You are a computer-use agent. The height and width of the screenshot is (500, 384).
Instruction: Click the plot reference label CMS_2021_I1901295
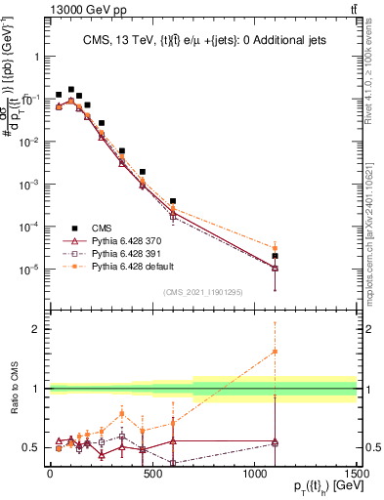pos(202,292)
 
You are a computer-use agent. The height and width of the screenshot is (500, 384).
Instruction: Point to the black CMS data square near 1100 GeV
pos(276,256)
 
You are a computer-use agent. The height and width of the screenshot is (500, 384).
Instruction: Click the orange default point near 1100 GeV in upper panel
pos(276,248)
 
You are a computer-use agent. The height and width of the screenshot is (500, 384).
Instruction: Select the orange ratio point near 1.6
pos(276,352)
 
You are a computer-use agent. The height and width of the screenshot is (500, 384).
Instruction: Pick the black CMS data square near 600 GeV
pos(173,201)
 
